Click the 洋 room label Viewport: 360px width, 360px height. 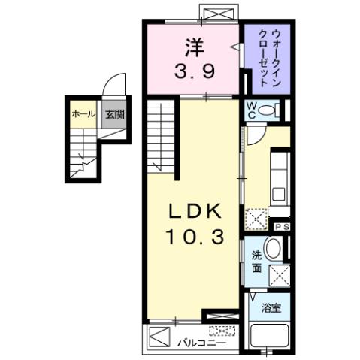point(192,47)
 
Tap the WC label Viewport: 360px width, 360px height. point(253,110)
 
